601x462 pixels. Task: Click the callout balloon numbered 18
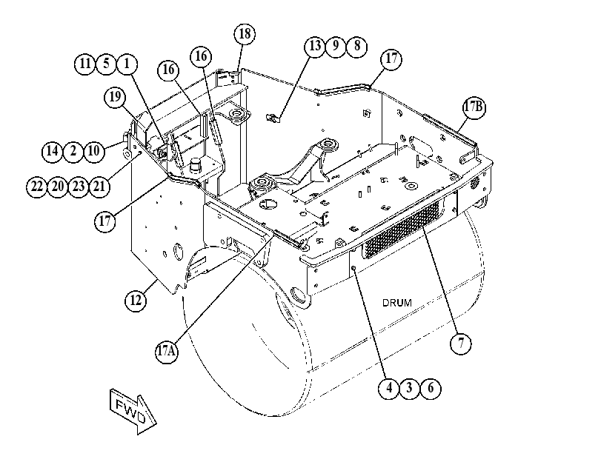tap(245, 34)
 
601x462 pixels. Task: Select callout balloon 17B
tap(474, 108)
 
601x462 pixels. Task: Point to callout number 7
tap(461, 344)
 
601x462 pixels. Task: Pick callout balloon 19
tap(115, 97)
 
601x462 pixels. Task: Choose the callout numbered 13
tap(315, 47)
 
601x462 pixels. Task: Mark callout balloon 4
tap(388, 388)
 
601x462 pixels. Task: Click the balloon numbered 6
tap(431, 388)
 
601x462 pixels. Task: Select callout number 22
tap(37, 187)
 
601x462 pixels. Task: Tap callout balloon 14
tap(52, 151)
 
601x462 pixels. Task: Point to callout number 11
tap(85, 64)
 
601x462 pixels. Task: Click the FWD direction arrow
tap(133, 412)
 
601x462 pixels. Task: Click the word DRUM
tap(397, 303)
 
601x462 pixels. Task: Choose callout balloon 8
tap(357, 47)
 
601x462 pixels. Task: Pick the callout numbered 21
tap(99, 187)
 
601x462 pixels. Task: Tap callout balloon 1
tap(127, 64)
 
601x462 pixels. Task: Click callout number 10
tap(94, 151)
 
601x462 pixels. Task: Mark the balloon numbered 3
tap(409, 388)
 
